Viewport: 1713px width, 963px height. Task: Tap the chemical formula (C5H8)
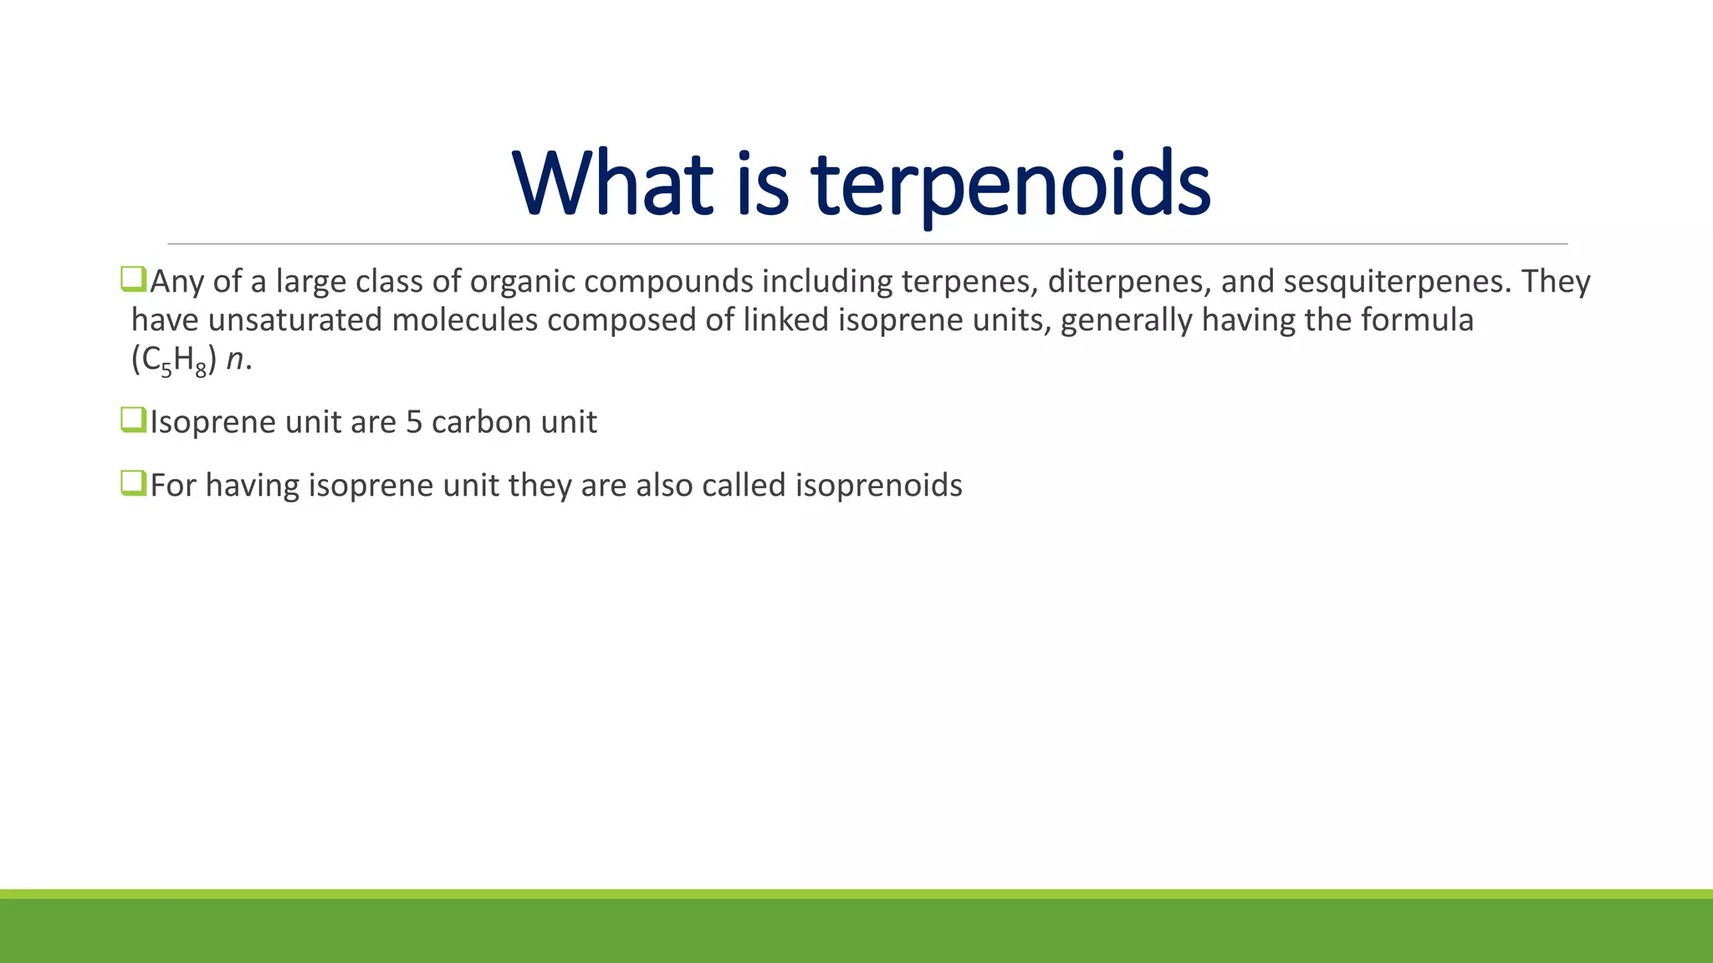tap(174, 360)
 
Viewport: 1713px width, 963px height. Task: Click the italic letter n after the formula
tap(235, 360)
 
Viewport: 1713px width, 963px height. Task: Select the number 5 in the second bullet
tap(414, 422)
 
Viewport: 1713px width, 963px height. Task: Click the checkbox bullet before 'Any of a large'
tap(133, 278)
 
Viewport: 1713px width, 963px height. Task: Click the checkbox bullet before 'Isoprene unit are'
tap(133, 419)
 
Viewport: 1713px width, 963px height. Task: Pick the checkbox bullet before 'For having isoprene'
tap(133, 482)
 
